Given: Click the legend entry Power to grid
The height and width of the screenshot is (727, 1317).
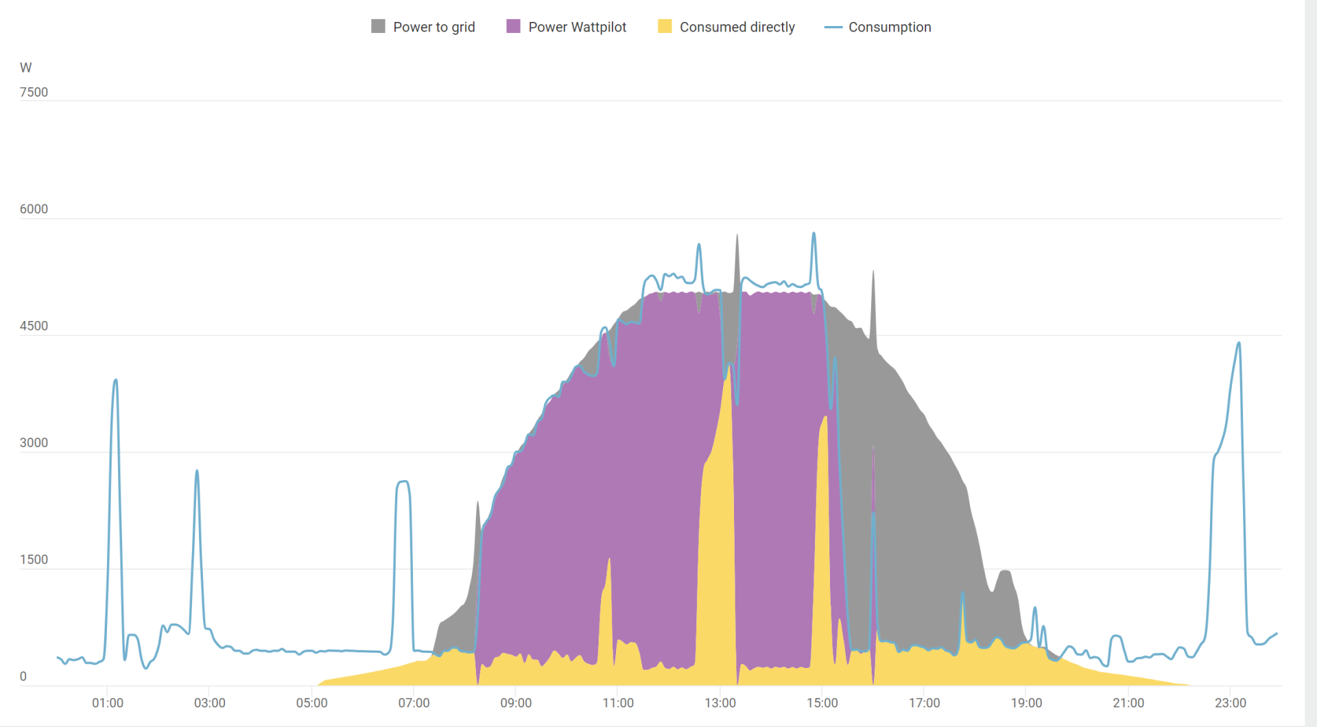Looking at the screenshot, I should (434, 27).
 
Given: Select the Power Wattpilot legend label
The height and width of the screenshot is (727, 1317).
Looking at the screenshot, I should (577, 27).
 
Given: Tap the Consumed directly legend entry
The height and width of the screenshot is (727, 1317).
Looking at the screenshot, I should (737, 27).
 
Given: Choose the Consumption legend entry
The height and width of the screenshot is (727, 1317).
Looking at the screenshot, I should (889, 27).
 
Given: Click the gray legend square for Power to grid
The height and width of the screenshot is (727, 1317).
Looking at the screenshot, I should (378, 26).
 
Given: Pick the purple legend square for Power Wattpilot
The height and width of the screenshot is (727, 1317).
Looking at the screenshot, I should (513, 26).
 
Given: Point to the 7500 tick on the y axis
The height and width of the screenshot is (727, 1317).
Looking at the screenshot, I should (34, 92).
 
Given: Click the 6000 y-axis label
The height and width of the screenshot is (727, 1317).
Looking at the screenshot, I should (34, 209).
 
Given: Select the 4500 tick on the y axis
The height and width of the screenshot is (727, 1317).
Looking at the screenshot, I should (34, 326).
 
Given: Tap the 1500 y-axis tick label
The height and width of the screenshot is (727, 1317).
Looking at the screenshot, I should (34, 560).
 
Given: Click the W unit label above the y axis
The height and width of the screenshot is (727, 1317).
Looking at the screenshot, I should (26, 67).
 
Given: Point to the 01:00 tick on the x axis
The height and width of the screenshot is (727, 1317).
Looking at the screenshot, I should (108, 703).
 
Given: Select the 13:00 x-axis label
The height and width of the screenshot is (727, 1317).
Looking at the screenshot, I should (720, 703).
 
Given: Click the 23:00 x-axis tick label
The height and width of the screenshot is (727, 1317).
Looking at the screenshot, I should (1231, 703).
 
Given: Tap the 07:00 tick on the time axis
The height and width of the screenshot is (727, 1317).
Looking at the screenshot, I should (414, 703).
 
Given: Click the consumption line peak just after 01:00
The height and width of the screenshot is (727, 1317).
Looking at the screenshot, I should (116, 379).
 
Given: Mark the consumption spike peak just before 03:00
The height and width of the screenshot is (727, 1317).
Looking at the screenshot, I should (197, 470).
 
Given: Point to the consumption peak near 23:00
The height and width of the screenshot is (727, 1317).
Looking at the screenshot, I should (1239, 342).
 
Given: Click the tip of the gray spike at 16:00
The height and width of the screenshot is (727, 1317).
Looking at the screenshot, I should (873, 271).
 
